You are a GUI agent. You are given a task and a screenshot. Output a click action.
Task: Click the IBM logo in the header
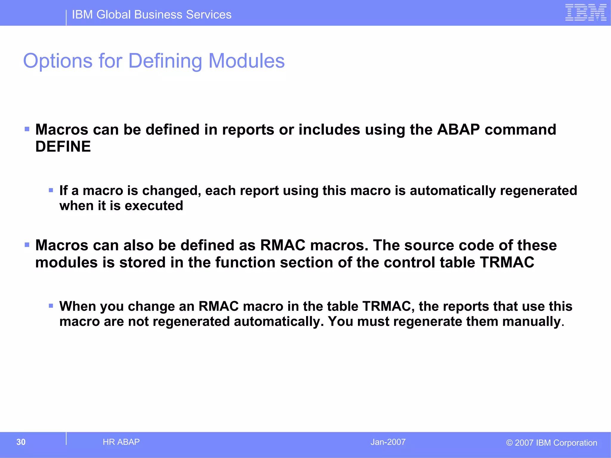point(586,13)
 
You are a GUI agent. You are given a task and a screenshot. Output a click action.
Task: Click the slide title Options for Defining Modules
point(154,61)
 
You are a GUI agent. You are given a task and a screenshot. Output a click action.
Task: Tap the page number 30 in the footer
point(21,442)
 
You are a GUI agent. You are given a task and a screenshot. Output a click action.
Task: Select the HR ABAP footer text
point(121,442)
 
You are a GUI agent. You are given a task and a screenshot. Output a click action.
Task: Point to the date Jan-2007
point(388,442)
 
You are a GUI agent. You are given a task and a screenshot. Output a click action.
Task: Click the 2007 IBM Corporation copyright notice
point(551,443)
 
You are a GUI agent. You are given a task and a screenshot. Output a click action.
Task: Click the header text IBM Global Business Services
point(152,15)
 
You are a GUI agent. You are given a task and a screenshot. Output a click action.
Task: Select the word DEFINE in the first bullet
point(63,147)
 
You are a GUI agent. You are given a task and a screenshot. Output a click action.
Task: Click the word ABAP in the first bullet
point(458,130)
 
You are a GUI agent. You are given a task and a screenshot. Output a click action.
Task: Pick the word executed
point(154,206)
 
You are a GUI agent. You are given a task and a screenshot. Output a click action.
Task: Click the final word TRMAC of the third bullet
point(507,262)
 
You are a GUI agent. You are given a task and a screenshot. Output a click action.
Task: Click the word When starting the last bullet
point(77,306)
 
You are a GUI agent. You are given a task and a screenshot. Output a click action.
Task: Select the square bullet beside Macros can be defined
point(27,129)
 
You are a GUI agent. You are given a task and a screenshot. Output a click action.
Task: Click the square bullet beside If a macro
point(51,190)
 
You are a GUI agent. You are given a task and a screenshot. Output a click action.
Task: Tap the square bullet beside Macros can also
point(27,245)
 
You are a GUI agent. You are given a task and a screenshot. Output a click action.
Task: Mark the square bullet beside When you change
point(51,306)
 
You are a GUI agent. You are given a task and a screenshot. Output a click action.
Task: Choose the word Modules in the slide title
point(246,61)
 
